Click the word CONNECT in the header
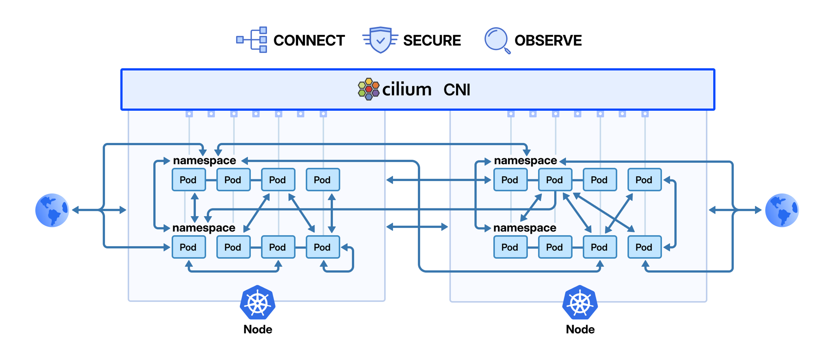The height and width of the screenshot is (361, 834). [309, 41]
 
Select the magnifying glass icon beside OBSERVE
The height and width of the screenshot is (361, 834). [496, 40]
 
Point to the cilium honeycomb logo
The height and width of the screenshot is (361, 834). [368, 89]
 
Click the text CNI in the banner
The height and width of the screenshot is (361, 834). [456, 90]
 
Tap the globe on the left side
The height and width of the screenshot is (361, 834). [52, 210]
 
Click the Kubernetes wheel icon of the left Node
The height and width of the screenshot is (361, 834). [257, 302]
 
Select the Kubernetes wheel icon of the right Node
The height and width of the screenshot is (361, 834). [580, 302]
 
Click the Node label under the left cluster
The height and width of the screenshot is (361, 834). [257, 329]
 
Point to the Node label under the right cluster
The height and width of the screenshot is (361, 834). [580, 329]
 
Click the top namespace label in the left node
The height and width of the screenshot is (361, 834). [204, 160]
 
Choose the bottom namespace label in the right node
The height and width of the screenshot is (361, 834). [525, 228]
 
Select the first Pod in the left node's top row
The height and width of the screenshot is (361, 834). [188, 180]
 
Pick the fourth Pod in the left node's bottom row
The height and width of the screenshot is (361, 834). [322, 247]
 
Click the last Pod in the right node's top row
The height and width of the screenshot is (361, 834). [644, 180]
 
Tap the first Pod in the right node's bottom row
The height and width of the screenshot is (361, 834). [510, 247]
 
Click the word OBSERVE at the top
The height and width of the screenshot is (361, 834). [548, 41]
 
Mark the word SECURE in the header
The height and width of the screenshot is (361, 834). [432, 41]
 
